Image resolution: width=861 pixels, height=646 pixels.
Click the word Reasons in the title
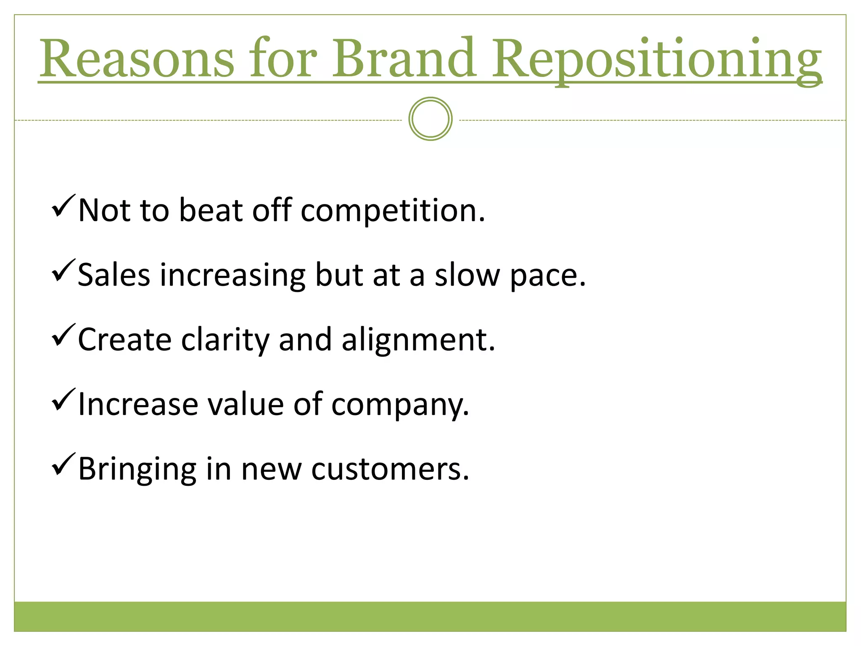click(137, 59)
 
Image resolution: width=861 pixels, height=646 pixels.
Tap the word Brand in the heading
click(404, 59)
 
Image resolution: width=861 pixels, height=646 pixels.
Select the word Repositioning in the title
click(656, 61)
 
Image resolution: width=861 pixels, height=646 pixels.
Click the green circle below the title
click(430, 119)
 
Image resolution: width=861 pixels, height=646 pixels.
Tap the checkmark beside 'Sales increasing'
click(63, 271)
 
